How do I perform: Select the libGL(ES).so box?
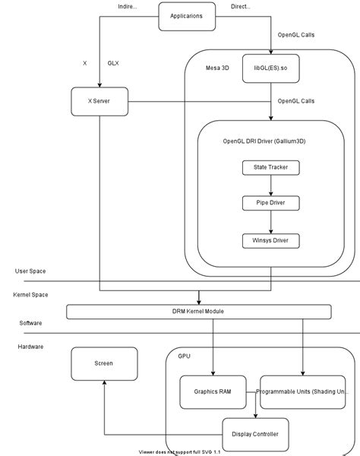coord(271,68)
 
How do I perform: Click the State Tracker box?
coord(271,166)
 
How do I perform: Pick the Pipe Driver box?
coord(271,204)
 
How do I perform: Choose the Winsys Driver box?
coord(271,241)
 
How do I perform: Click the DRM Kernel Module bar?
coord(199,312)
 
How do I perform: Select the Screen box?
coord(104,363)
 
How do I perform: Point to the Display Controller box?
coord(254,434)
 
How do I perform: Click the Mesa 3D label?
coord(216,68)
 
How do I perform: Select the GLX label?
coord(112,63)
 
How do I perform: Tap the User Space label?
coord(31,271)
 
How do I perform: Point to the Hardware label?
coord(32,346)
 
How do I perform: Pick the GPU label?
coord(185,355)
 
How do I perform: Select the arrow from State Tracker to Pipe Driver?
coord(271,185)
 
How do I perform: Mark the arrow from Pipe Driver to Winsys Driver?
coord(271,222)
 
